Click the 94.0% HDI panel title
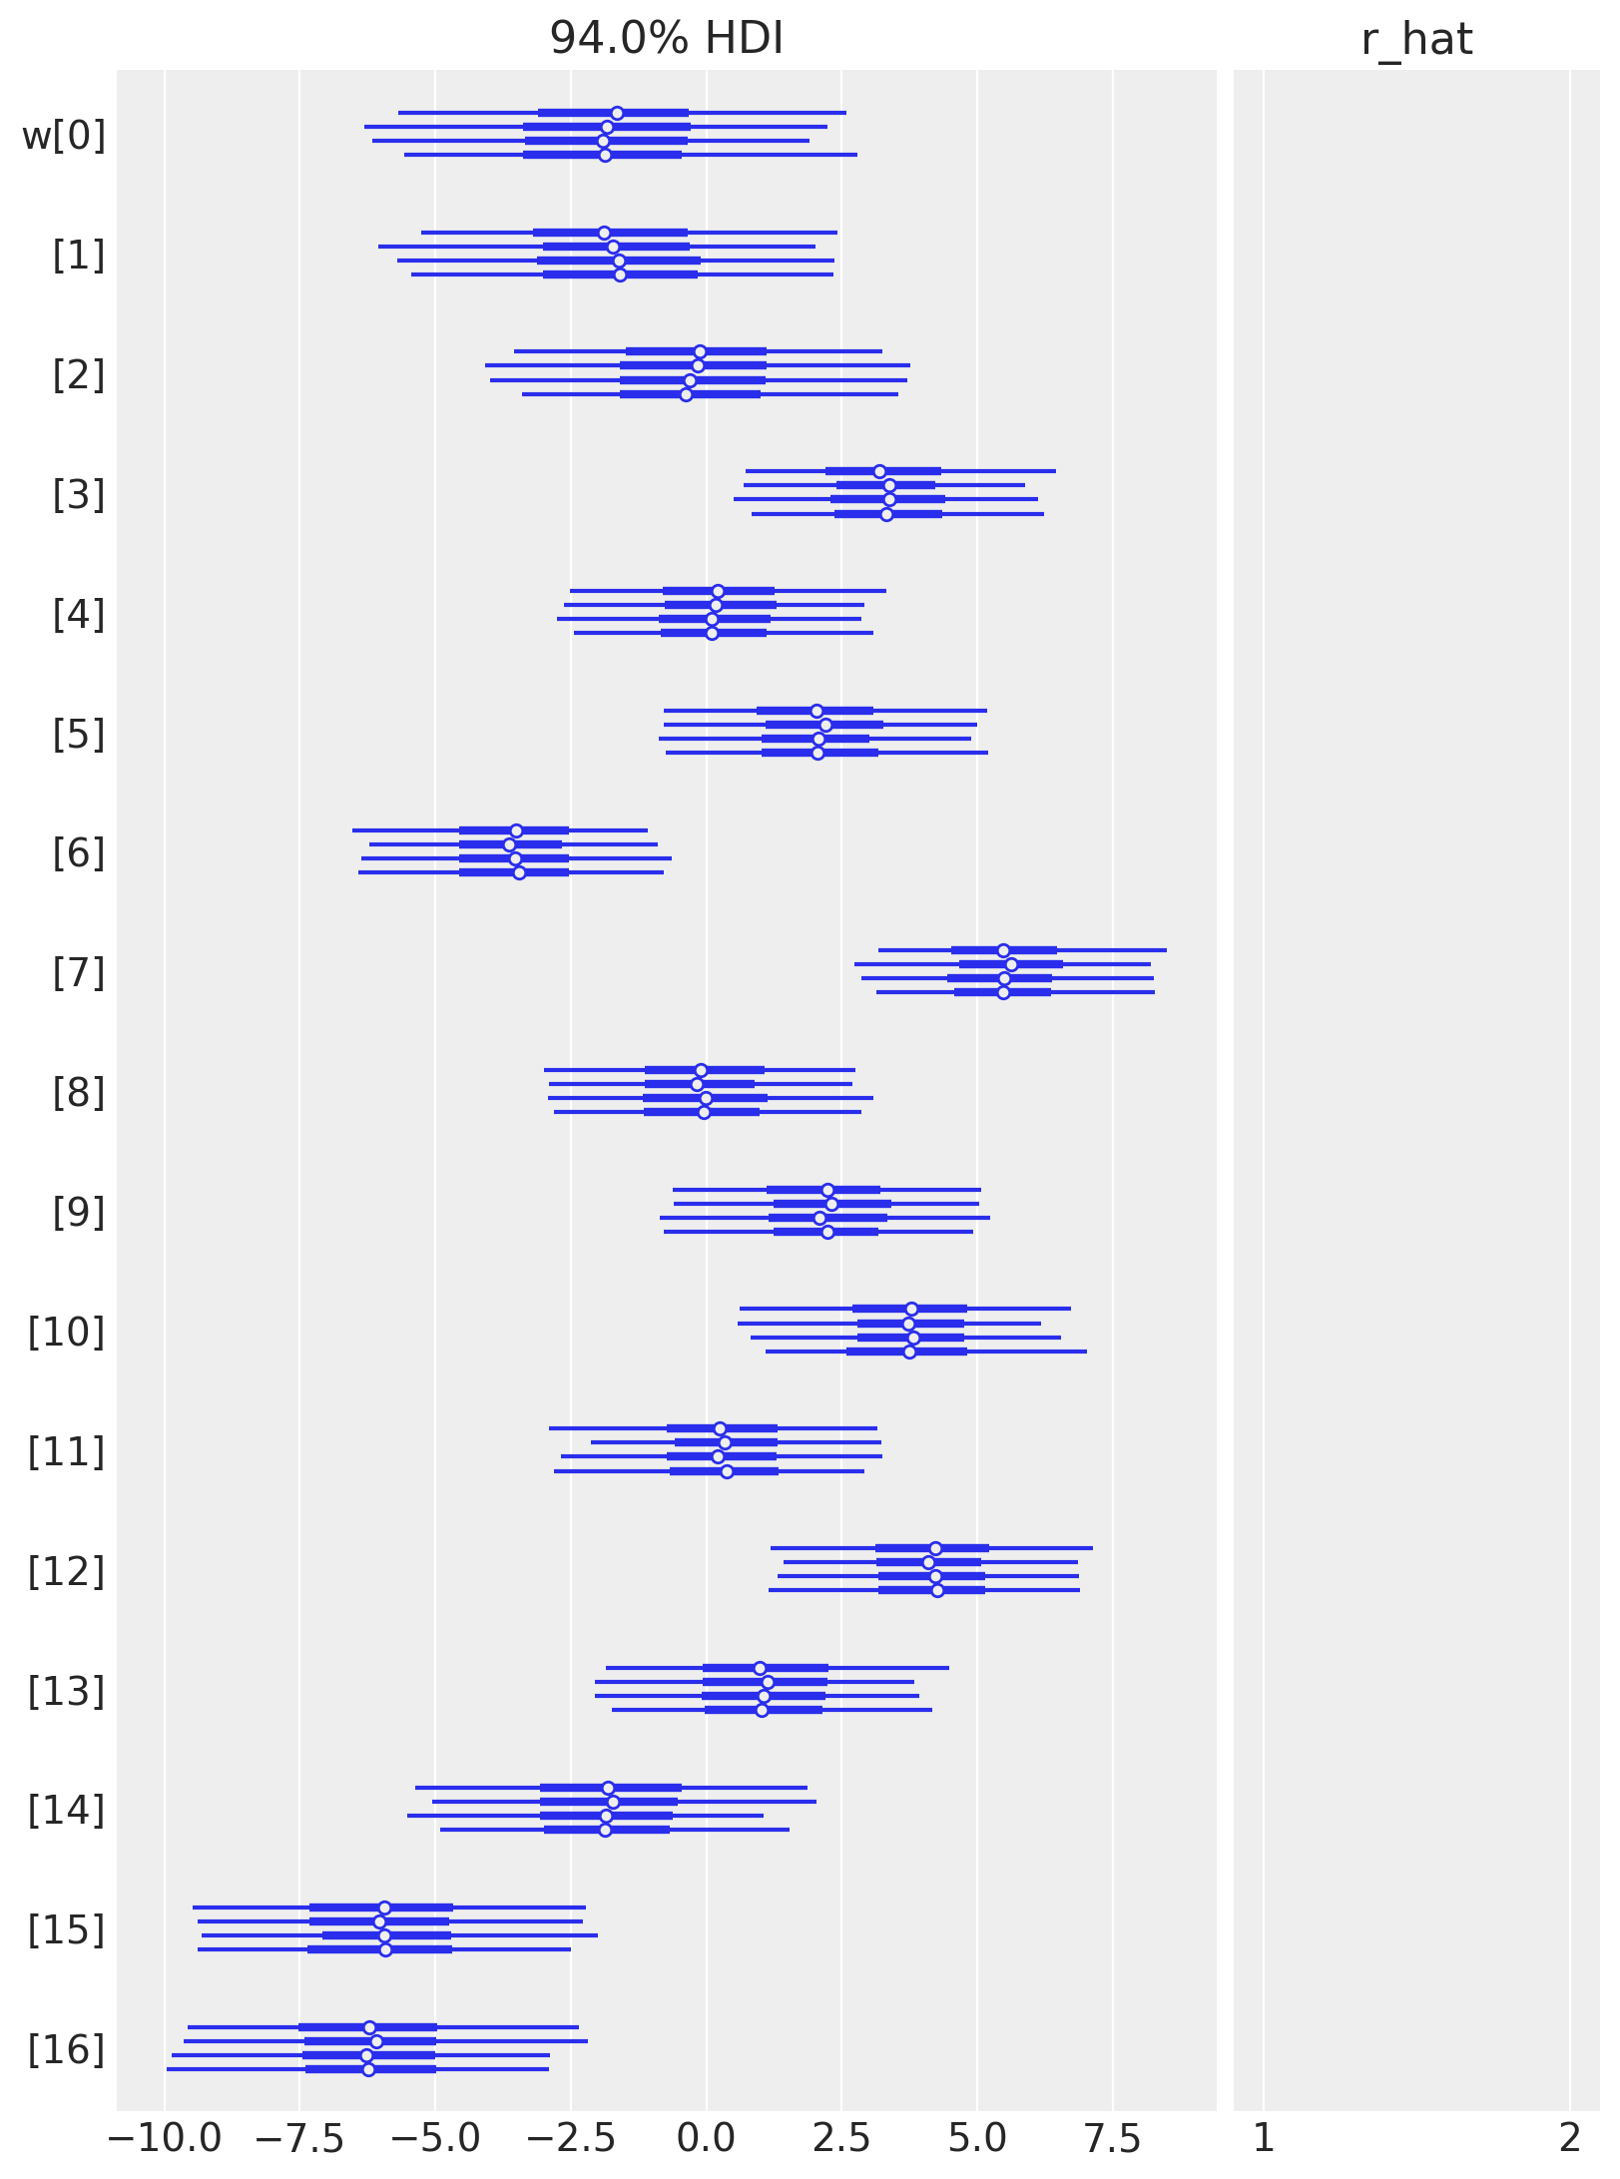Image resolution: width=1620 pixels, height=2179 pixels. [666, 39]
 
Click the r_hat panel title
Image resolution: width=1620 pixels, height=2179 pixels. [1416, 39]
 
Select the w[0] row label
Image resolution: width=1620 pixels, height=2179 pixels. [64, 135]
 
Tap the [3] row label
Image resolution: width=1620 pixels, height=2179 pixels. [79, 494]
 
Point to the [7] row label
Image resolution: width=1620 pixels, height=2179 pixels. [79, 972]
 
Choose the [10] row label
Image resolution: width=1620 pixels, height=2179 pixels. [66, 1332]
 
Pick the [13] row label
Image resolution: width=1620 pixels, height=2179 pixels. [66, 1691]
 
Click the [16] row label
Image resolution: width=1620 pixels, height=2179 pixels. [66, 2049]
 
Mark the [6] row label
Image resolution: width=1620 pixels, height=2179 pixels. [79, 853]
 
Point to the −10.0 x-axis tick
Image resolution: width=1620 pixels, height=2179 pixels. [165, 2139]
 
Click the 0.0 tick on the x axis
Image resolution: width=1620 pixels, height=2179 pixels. [706, 2139]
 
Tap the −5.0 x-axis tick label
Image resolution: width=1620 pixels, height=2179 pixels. [435, 2139]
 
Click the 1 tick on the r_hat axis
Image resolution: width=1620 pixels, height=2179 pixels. [1264, 2139]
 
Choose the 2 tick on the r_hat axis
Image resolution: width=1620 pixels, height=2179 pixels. [1570, 2139]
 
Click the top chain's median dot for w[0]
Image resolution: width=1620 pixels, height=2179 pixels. [617, 113]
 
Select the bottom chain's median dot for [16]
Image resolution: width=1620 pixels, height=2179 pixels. [368, 2069]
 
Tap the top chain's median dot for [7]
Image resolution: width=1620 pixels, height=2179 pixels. [1003, 950]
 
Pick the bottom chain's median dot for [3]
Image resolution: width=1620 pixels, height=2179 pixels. [886, 514]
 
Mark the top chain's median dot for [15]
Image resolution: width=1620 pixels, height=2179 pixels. [384, 1907]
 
